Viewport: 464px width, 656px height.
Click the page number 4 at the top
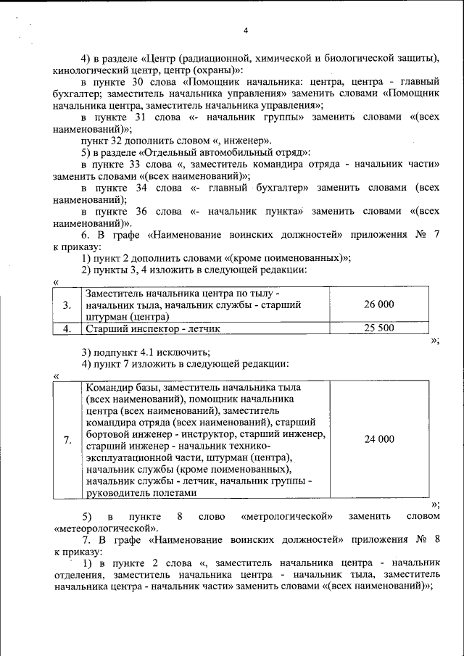pos(245,30)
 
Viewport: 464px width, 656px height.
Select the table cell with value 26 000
pos(378,304)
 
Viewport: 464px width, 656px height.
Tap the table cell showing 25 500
pos(378,328)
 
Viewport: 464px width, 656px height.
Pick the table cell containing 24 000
pos(378,439)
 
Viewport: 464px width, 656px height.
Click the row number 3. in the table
pos(67,305)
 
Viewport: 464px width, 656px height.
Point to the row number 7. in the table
pos(67,440)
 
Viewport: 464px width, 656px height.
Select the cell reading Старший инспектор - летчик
pos(152,328)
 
